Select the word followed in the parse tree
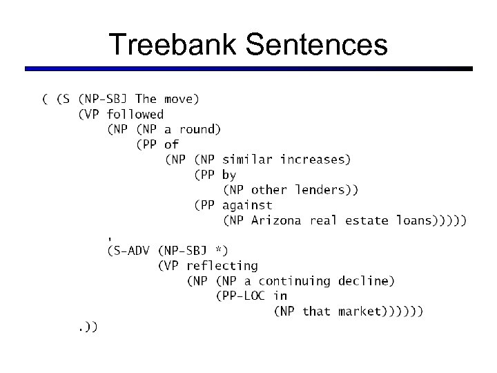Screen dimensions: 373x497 pos(135,114)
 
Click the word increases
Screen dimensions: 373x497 pos(315,160)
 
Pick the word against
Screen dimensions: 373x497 pos(247,205)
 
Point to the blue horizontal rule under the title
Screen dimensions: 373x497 pos(248,69)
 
